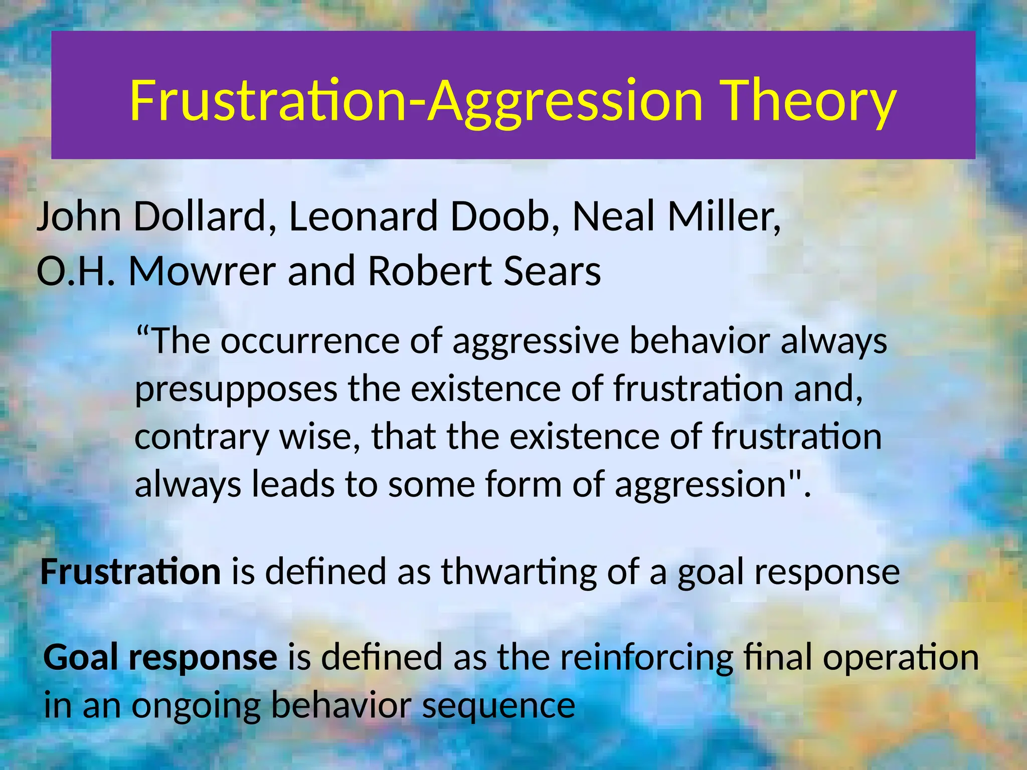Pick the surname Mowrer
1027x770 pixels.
tap(202, 271)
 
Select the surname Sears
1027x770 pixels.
tap(552, 271)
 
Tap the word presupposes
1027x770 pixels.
tap(236, 390)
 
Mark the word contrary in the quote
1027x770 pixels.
tap(201, 437)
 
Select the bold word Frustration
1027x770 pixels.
tap(130, 571)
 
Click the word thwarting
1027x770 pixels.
tap(519, 571)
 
